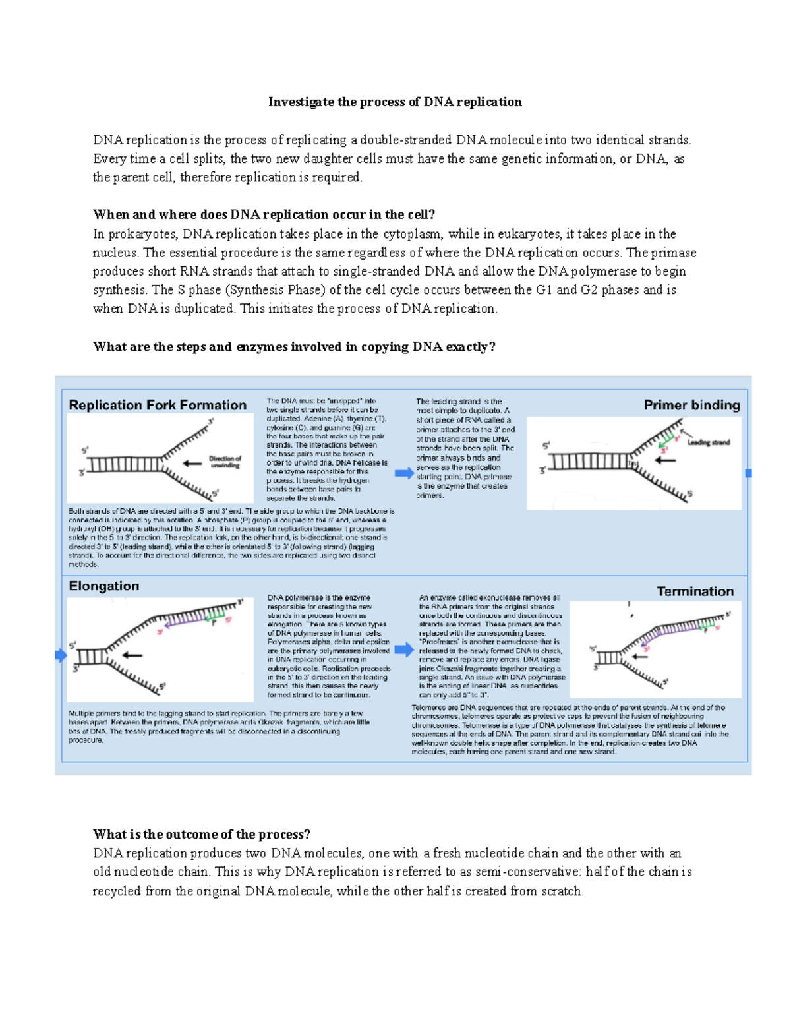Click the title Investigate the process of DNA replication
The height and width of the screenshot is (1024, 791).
(x=395, y=102)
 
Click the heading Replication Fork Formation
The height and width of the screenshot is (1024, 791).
(x=158, y=405)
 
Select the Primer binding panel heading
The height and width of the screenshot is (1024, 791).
(x=691, y=405)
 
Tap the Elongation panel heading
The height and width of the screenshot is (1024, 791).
(x=104, y=586)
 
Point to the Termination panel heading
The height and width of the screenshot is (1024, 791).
(x=695, y=591)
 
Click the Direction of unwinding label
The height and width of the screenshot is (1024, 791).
(x=225, y=462)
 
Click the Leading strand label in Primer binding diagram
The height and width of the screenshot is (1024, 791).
(x=709, y=442)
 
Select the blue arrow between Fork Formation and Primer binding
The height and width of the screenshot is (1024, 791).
(x=403, y=473)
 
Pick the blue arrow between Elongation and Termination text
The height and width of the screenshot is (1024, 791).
(x=403, y=649)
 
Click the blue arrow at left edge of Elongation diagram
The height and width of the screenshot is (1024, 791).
(x=61, y=655)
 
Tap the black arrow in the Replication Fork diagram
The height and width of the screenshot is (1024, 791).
(x=192, y=463)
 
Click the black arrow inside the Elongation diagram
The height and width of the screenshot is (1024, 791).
(x=132, y=655)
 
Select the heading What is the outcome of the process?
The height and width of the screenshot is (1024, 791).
(x=201, y=834)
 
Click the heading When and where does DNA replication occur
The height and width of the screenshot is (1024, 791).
(x=264, y=214)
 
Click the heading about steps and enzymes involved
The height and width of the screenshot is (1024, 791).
(x=293, y=347)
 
